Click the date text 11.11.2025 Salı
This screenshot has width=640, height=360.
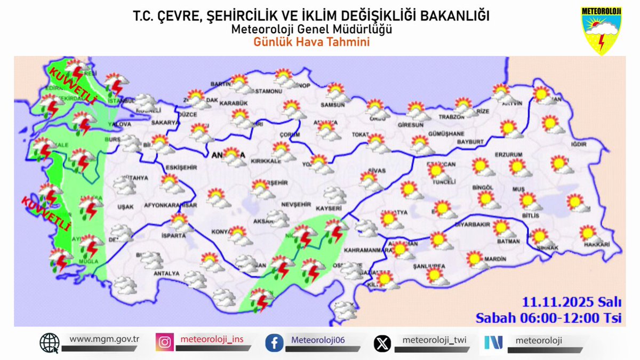click(x=572, y=302)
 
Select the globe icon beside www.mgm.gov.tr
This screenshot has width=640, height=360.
click(x=50, y=343)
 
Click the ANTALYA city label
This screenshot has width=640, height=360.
click(x=166, y=274)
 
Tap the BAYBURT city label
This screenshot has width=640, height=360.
click(x=470, y=142)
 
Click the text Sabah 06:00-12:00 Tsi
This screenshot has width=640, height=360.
click(x=549, y=318)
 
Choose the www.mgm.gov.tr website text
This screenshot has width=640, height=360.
click(x=104, y=339)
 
